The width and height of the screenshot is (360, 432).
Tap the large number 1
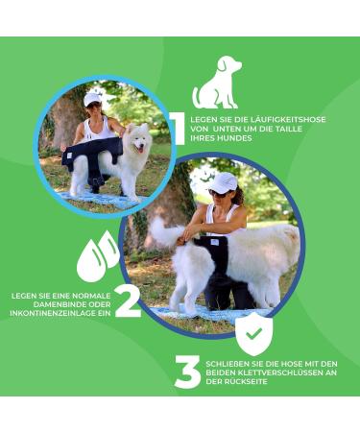click(x=176, y=128)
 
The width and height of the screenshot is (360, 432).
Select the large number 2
click(x=128, y=300)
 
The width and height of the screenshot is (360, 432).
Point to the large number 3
click(x=187, y=372)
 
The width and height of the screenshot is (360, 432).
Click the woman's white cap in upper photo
click(x=92, y=98)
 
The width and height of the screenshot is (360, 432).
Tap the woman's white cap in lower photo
click(x=223, y=182)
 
